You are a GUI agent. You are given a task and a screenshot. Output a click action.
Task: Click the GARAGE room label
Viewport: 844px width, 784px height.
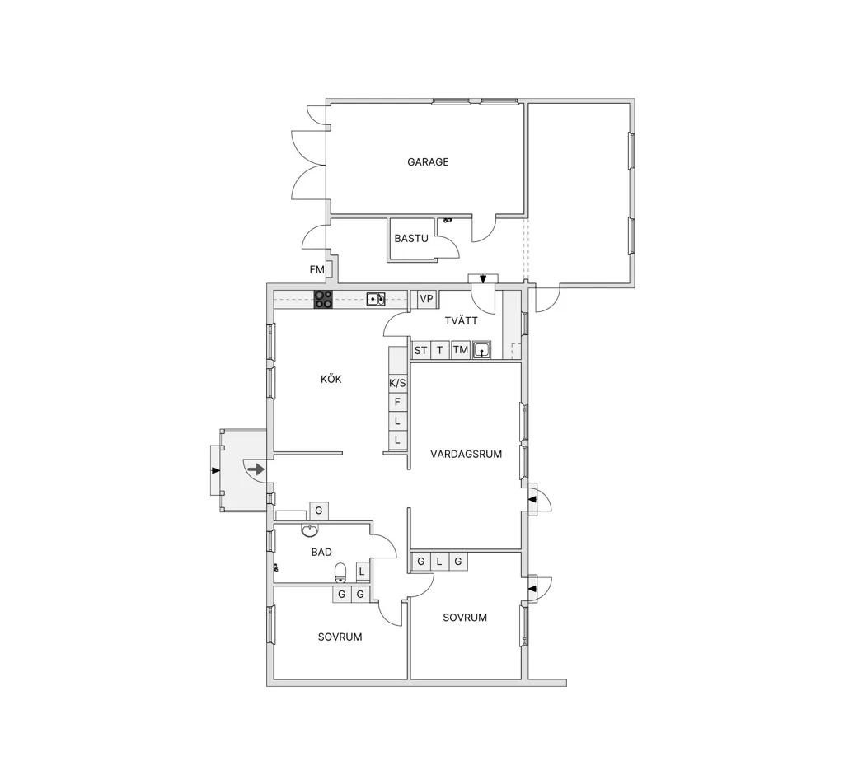tap(428, 162)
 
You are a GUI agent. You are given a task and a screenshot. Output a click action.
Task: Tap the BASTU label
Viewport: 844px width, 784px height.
tap(411, 238)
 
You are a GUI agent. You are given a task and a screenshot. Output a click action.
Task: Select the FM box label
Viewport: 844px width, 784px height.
tap(317, 269)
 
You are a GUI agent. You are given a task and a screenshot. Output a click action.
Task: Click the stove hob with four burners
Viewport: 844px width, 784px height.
tap(323, 299)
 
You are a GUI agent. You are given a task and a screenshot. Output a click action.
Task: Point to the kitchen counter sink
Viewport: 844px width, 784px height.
tap(376, 299)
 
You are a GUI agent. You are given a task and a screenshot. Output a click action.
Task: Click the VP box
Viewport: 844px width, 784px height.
tap(427, 299)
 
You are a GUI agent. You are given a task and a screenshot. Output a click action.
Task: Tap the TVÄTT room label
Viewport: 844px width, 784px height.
tap(462, 321)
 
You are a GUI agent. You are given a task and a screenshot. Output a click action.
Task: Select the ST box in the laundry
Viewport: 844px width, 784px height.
tap(421, 351)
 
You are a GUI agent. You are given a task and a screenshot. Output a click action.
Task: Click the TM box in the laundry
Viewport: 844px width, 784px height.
tap(460, 351)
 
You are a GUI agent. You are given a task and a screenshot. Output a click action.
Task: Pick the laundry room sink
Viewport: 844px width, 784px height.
tap(481, 350)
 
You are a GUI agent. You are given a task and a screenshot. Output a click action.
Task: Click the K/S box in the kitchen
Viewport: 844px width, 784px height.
tap(397, 384)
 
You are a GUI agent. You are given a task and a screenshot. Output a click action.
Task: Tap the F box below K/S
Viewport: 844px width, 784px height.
tap(397, 402)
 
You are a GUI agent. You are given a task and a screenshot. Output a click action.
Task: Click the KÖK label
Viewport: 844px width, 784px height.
tap(331, 380)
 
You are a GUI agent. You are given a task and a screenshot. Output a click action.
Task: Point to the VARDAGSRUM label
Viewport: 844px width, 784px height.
tap(467, 455)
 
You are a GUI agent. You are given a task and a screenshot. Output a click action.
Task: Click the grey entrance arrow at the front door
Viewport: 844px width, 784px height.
tap(256, 469)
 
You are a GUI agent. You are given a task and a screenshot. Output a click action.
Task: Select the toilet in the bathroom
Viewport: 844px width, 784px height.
tap(340, 573)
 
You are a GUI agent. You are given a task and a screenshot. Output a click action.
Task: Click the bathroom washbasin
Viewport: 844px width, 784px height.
tap(310, 530)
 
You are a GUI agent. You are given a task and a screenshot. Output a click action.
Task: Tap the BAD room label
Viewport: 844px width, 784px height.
tap(321, 553)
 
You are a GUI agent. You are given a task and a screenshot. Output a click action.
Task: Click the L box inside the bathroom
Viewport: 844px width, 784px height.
tap(362, 572)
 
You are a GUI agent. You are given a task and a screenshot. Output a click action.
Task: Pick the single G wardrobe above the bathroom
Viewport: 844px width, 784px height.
tap(319, 511)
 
